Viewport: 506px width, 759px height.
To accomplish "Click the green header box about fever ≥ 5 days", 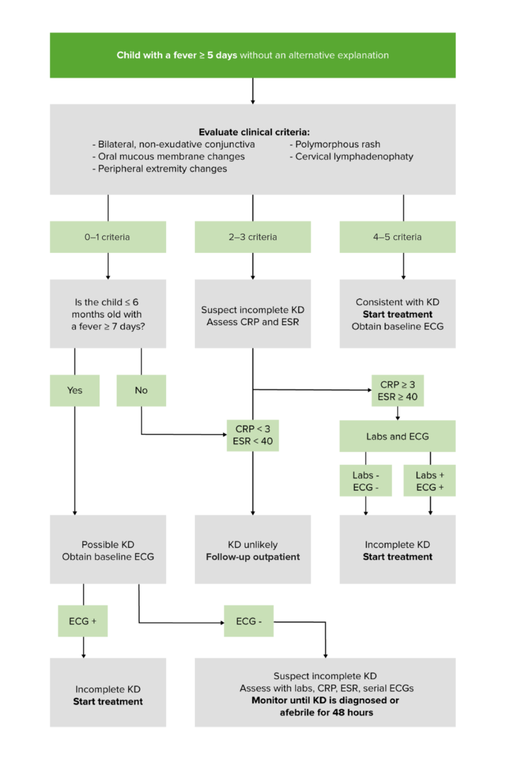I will click(252, 55).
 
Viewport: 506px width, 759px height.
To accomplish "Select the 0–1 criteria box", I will click(107, 237).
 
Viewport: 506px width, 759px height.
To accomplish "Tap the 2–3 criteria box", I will click(252, 237).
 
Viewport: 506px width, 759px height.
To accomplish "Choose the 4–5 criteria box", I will click(397, 237).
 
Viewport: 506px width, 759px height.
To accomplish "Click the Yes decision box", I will click(74, 390).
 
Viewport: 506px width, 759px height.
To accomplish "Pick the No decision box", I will click(141, 390).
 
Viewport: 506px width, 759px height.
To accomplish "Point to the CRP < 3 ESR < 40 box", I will click(252, 435).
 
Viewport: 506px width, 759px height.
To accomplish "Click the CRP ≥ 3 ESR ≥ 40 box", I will click(398, 391).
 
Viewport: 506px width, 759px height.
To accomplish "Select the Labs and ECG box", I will click(397, 436).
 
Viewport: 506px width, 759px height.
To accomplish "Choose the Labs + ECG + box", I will click(431, 480).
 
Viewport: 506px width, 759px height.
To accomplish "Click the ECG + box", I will click(82, 621).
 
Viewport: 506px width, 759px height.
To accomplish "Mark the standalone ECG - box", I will click(248, 621).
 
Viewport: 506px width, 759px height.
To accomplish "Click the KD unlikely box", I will click(252, 549).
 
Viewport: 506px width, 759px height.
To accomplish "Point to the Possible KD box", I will click(107, 549).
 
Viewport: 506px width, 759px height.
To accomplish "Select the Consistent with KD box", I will click(397, 314).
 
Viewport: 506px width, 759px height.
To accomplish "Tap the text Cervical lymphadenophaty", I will click(354, 157).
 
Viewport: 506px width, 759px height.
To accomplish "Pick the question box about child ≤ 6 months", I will click(107, 314).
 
